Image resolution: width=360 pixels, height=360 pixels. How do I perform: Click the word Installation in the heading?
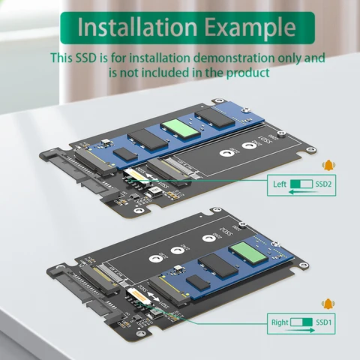click(x=132, y=28)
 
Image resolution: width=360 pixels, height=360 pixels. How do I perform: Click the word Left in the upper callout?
click(x=280, y=184)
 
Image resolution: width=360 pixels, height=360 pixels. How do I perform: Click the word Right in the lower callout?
click(x=278, y=323)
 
